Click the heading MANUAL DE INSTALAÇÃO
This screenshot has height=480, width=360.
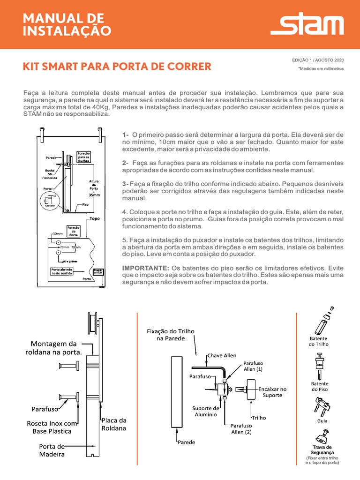pos(67,25)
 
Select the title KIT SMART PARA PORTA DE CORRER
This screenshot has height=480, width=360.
pos(117,66)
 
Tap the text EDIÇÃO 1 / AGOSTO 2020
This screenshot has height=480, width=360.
pos(318,60)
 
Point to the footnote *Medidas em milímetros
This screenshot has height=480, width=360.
pos(321,68)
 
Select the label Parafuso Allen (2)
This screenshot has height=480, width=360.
pos(241,429)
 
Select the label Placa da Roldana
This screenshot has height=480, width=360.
pos(114,424)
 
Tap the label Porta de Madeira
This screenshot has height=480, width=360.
pos(52,450)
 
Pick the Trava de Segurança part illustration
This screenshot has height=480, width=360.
pos(322,437)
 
